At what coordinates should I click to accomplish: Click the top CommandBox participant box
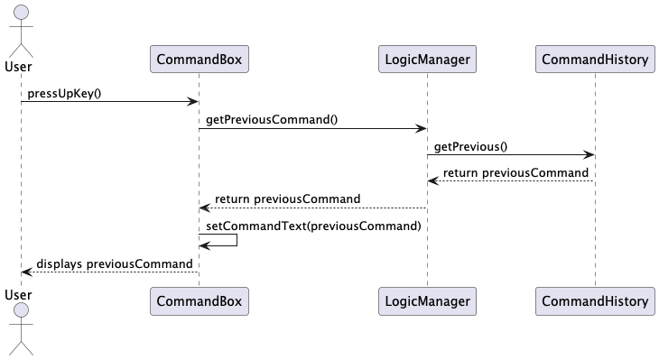(199, 60)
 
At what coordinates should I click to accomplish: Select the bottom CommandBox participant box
(199, 300)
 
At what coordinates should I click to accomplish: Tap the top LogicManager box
(427, 60)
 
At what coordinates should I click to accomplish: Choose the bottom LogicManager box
(427, 300)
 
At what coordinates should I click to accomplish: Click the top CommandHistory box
(595, 60)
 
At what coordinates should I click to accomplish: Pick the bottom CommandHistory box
(595, 300)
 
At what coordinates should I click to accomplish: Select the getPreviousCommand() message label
(272, 119)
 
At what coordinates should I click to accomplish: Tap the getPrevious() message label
(470, 145)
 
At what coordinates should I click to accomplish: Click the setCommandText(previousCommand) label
(313, 225)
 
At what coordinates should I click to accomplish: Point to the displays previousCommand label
(115, 263)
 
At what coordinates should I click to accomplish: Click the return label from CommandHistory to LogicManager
(515, 172)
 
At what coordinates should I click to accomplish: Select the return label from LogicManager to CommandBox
(287, 198)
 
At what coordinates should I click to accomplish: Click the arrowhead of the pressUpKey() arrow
(192, 102)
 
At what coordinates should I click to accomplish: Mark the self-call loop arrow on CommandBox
(226, 240)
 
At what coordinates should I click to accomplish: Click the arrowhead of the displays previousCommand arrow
(26, 272)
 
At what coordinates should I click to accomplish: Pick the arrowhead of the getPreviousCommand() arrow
(421, 128)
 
